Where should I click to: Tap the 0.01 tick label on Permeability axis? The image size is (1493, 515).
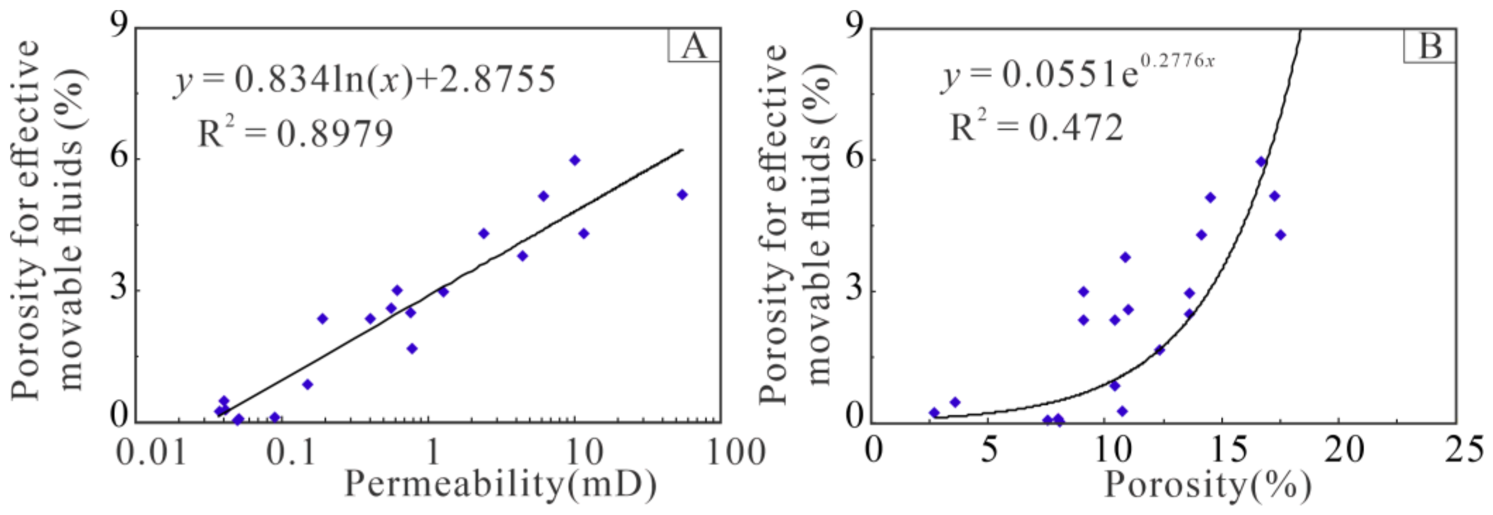151,452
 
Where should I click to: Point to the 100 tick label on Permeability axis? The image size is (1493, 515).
736,452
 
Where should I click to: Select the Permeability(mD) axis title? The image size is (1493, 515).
501,484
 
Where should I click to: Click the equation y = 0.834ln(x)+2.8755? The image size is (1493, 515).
365,80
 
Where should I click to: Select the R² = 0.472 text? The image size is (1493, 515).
1038,127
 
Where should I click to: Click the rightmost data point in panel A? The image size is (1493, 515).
682,195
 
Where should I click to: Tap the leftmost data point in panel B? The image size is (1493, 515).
934,413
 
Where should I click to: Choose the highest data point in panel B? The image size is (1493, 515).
1260,162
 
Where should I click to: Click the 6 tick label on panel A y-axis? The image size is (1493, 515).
119,159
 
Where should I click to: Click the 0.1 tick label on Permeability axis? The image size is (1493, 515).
291,452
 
